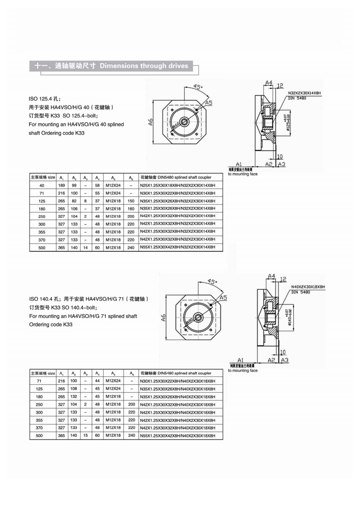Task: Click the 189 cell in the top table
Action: (x=61, y=185)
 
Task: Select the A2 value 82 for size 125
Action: (x=74, y=201)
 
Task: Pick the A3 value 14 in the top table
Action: (x=85, y=248)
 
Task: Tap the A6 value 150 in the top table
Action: (x=131, y=201)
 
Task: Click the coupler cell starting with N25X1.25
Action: (x=177, y=185)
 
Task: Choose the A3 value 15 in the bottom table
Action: (x=85, y=435)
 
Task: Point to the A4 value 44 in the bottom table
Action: (x=97, y=381)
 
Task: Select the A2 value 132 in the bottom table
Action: (x=74, y=396)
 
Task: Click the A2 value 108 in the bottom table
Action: (x=74, y=389)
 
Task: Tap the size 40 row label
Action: (x=42, y=186)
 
